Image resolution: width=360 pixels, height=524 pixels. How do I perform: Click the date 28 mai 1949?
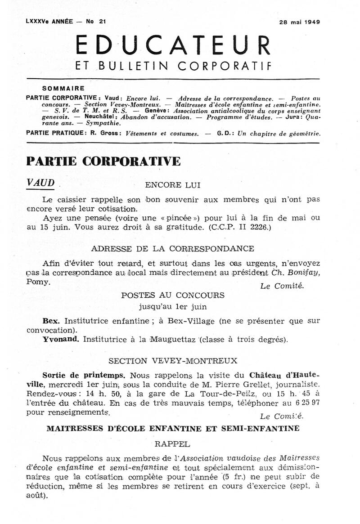point(298,22)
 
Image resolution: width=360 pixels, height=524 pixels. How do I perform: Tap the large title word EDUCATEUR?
point(173,45)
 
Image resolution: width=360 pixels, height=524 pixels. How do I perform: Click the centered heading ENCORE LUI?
point(166,185)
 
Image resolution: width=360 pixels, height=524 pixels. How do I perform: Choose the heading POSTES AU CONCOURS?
point(173,296)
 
